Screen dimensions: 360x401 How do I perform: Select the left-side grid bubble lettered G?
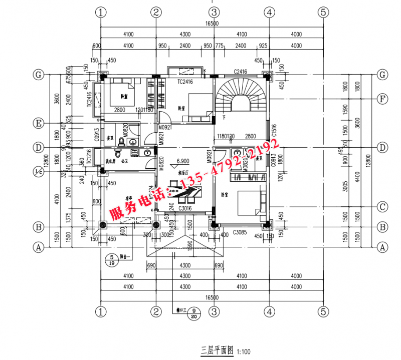37,75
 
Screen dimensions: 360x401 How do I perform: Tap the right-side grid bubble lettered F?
382,99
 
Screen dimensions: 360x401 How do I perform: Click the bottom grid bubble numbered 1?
102,312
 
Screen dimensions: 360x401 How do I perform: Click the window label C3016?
185,208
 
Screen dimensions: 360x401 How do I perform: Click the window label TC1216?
89,157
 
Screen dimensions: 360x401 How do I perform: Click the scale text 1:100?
244,352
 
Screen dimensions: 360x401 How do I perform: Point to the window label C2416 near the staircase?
240,72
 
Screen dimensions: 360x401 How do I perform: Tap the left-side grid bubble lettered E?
37,123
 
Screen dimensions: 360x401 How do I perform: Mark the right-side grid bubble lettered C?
382,206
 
